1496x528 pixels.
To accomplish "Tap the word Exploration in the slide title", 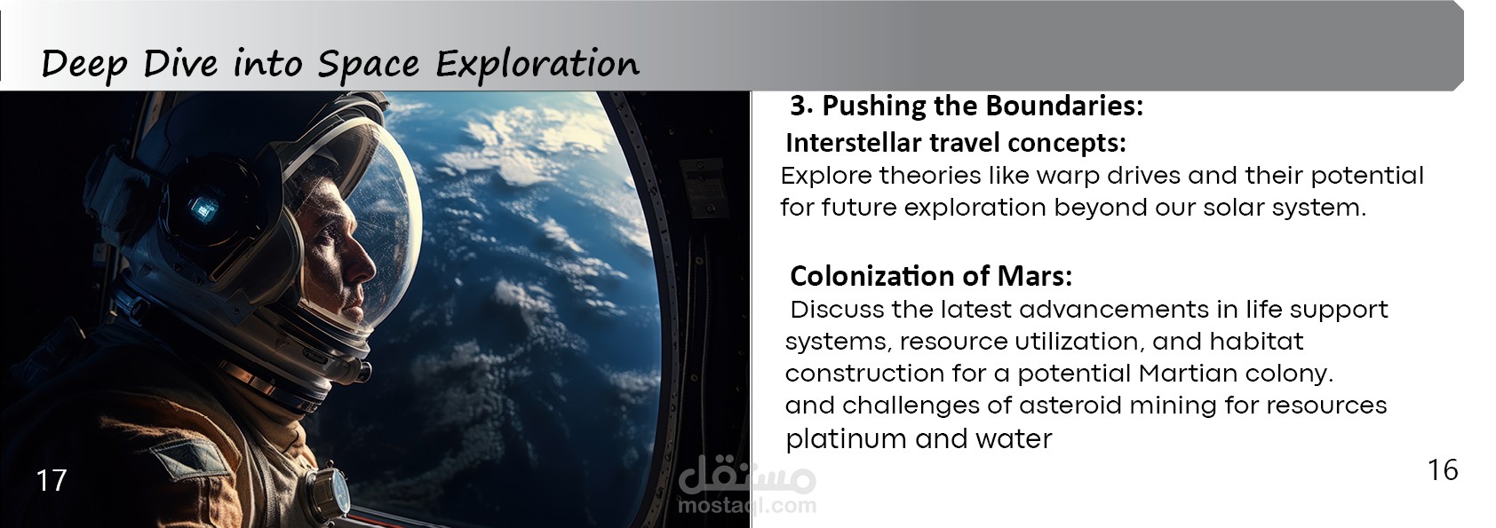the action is click(537, 64).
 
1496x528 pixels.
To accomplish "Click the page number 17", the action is click(52, 481).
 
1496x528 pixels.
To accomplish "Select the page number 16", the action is click(1443, 470).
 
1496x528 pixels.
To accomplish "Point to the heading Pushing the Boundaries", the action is click(983, 106).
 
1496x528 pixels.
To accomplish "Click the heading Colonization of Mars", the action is click(931, 276).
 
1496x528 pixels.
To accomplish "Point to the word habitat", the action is click(1256, 342).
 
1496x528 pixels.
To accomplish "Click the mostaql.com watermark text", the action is click(746, 505).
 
